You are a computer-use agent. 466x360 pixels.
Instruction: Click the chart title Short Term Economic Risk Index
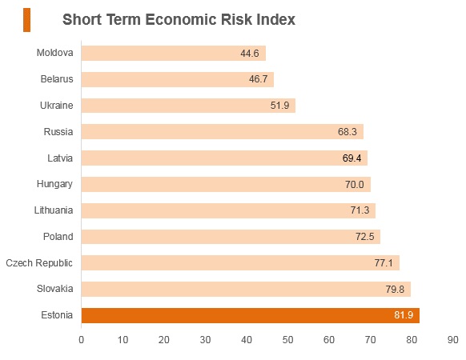coord(179,20)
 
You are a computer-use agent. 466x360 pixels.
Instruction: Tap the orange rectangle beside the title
coord(26,20)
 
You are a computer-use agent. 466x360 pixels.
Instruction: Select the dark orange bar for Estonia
coord(251,315)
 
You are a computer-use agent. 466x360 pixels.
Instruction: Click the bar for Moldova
coord(174,53)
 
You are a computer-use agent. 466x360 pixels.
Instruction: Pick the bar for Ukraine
coord(188,106)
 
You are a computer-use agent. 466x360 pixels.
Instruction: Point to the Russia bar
coord(223,131)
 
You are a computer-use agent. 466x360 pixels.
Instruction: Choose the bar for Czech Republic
coord(240,263)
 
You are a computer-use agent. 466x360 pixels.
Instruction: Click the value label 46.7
coord(259,79)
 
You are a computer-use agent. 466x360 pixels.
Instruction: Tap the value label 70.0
coord(354,185)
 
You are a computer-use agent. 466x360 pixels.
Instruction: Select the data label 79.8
coord(395,289)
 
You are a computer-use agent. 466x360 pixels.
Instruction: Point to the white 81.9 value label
coord(404,315)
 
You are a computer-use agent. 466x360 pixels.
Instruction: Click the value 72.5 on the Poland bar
coord(364,237)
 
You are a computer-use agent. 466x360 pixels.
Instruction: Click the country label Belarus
coord(57,79)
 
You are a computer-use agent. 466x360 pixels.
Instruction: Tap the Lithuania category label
coord(54,210)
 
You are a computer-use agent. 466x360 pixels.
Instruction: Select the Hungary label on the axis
coord(54,184)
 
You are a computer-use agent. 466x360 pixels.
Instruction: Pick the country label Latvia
coord(60,158)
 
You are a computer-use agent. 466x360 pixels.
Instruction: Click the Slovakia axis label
coord(55,289)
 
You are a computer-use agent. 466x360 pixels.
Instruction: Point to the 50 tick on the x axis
coord(287,340)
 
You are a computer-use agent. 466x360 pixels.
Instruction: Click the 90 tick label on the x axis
coord(452,340)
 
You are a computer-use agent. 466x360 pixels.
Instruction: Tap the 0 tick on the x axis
coord(81,340)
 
